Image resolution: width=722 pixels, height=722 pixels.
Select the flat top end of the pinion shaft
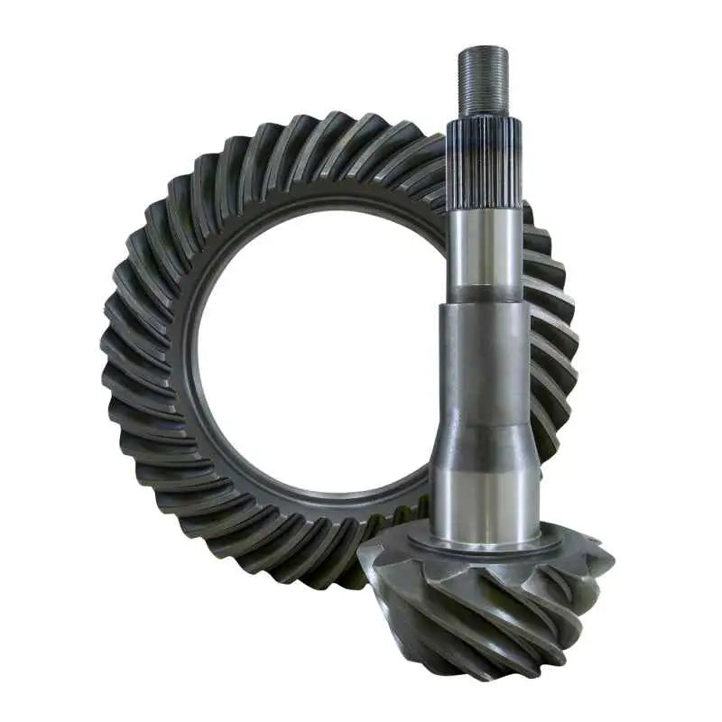(x=483, y=48)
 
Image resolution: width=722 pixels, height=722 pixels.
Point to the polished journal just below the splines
(x=485, y=244)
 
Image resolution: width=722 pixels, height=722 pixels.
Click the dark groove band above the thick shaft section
(x=485, y=294)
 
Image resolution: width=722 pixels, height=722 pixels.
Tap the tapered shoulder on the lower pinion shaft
(x=485, y=442)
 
